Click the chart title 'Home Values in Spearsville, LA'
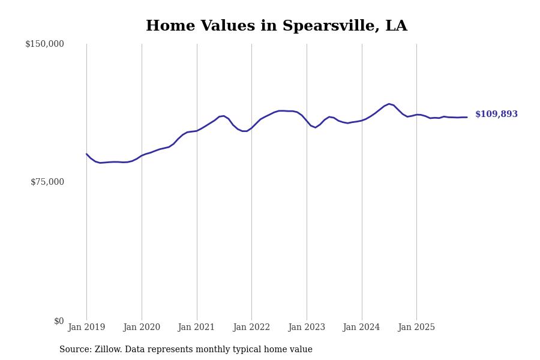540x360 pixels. click(276, 26)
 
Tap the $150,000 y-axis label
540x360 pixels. click(44, 44)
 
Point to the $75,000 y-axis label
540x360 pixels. click(47, 182)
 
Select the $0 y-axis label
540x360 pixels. click(59, 321)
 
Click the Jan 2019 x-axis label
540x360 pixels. click(86, 328)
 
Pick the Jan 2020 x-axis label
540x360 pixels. click(142, 328)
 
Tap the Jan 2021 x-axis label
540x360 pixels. click(197, 328)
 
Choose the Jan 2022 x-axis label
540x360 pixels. click(251, 328)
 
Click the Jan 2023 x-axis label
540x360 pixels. click(307, 328)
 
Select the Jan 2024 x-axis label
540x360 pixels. click(362, 328)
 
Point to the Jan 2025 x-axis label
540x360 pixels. click(416, 328)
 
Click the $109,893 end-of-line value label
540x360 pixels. click(496, 115)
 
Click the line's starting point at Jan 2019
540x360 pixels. click(86, 154)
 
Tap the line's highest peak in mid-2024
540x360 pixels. click(389, 104)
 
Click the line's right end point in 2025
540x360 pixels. click(467, 117)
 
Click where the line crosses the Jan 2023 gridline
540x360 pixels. click(307, 121)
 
